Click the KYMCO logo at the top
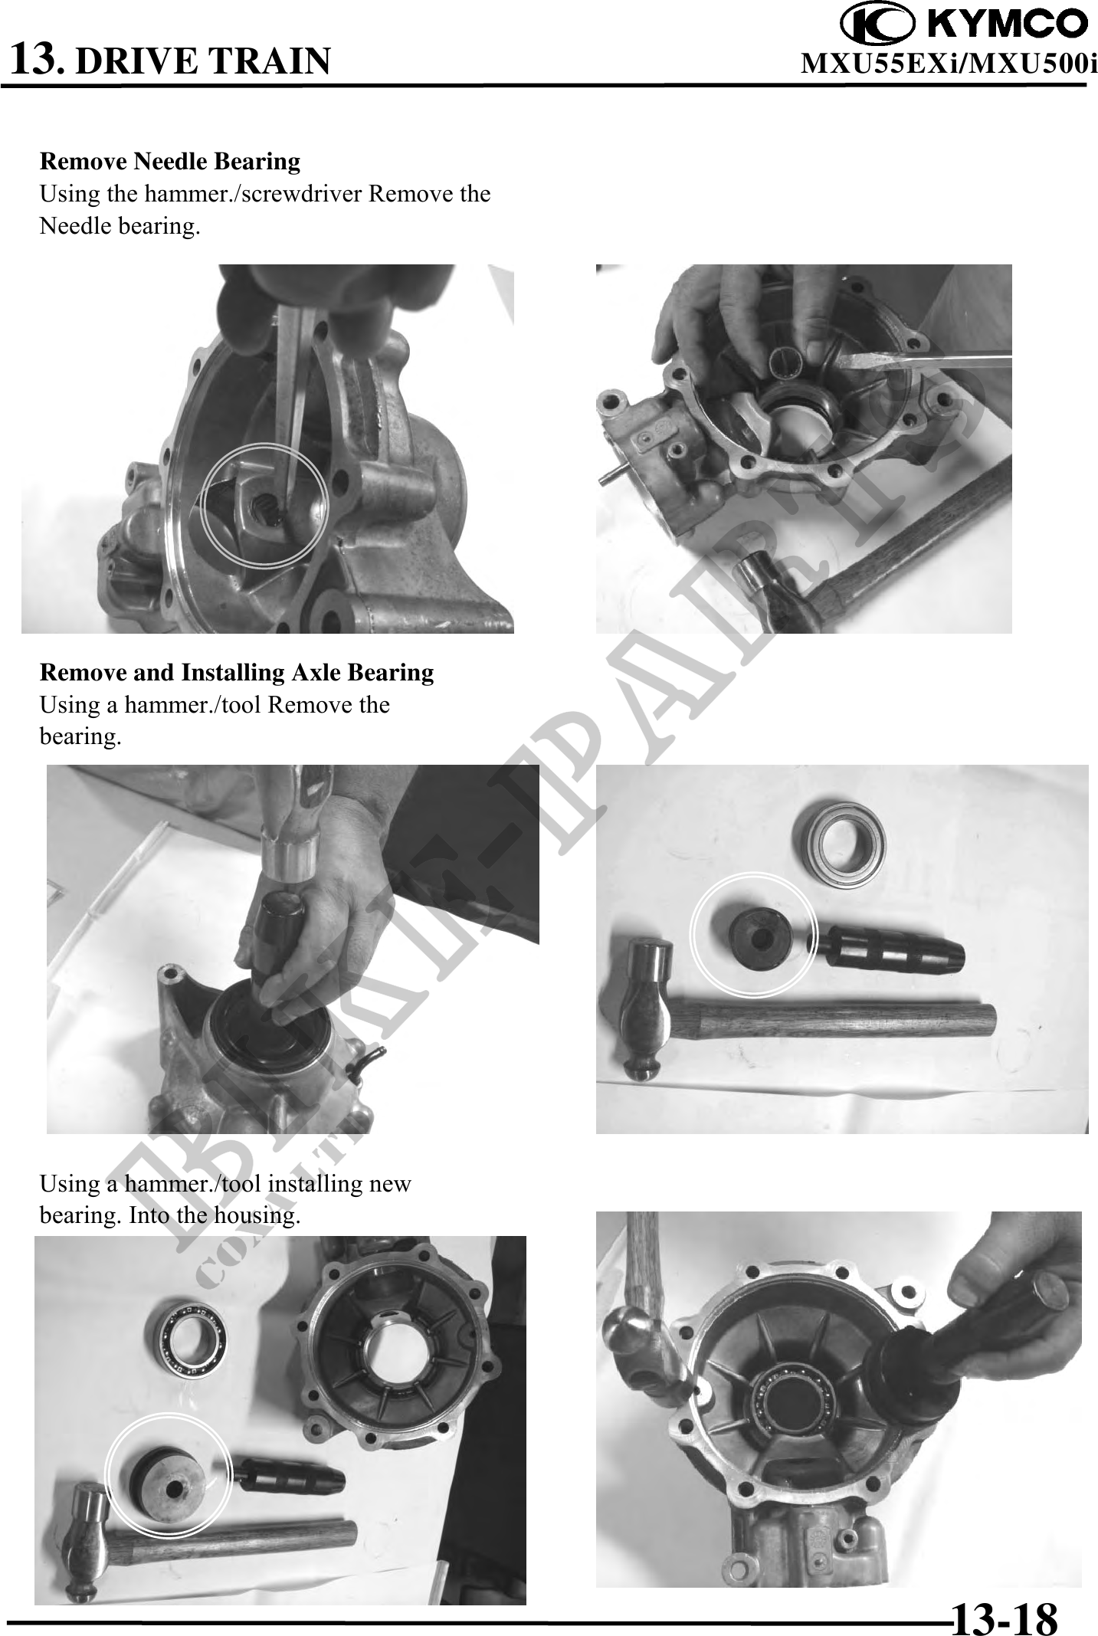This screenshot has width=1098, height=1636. click(x=963, y=24)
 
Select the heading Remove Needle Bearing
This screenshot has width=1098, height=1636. click(x=170, y=162)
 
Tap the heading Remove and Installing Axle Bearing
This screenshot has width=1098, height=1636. click(x=237, y=672)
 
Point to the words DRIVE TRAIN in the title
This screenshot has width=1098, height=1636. click(x=205, y=61)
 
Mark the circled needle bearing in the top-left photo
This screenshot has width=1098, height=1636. click(x=265, y=506)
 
